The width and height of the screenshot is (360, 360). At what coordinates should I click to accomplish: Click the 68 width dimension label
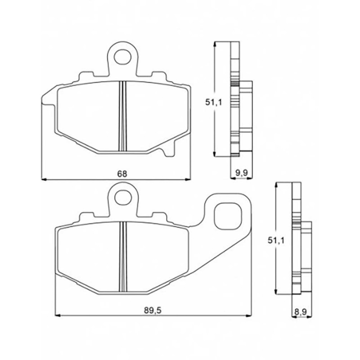(x=122, y=174)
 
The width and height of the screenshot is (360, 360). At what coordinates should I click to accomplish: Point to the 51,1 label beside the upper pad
(x=213, y=103)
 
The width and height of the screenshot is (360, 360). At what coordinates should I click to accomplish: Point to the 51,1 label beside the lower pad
(x=276, y=240)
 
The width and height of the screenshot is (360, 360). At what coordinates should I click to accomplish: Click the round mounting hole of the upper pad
(x=123, y=57)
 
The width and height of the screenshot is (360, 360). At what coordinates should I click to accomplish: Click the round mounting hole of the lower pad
(x=123, y=197)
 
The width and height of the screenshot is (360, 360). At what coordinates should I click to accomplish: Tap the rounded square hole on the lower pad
(x=228, y=217)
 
